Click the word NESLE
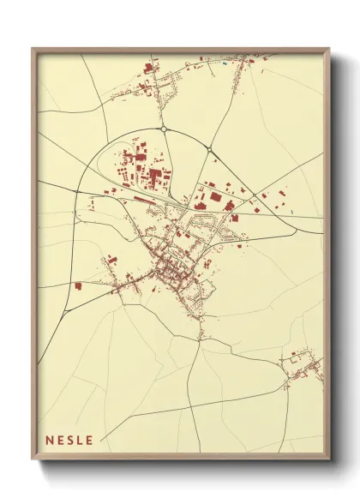pos(73,440)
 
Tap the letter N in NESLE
pos(50,440)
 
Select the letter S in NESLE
pos(74,440)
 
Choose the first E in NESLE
pos(62,440)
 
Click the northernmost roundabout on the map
pos(163,129)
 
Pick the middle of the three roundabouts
pos(209,151)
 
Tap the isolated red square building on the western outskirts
pos(78,286)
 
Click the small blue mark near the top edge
pos(225,63)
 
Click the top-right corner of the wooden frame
pos(330,49)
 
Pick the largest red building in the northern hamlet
pos(147,66)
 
